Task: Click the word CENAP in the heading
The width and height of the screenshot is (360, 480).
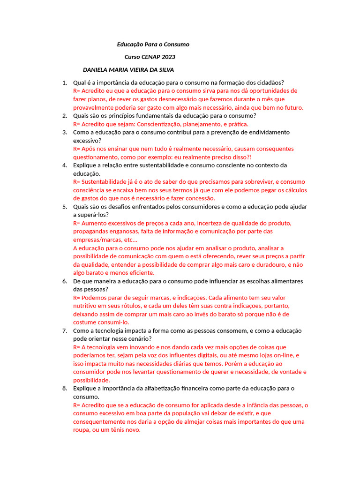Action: point(151,57)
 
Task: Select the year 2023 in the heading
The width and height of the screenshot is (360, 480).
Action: point(169,57)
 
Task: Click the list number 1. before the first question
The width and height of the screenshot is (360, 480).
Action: point(65,82)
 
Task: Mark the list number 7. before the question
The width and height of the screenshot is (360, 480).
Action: point(65,331)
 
